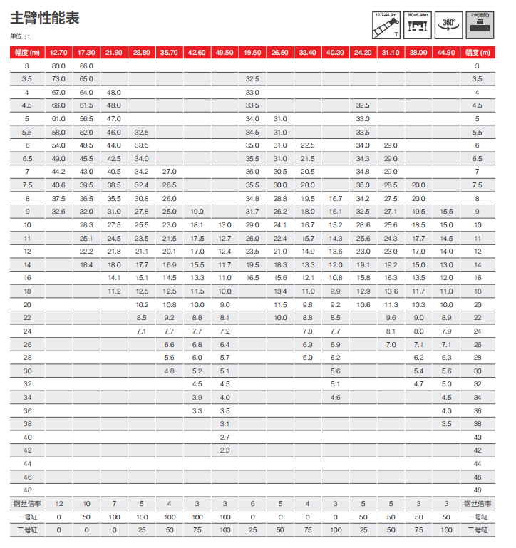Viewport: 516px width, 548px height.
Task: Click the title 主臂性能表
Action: coord(44,18)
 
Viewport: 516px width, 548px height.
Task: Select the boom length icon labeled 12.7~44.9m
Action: coord(386,25)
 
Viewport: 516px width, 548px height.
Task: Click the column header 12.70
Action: coord(58,52)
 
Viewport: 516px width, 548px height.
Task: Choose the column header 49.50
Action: coord(225,52)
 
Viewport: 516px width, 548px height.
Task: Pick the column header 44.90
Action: coord(446,52)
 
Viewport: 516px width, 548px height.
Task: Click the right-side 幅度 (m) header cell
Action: coord(478,52)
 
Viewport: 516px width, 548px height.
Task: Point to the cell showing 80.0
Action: coord(58,66)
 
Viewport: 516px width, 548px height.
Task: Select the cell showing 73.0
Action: coord(58,78)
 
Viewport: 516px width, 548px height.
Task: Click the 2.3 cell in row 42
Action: coord(225,450)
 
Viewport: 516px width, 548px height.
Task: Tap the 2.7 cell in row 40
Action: coord(225,437)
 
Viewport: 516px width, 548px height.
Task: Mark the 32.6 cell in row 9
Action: coord(58,212)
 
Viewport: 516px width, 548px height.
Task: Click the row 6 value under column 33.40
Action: coord(307,145)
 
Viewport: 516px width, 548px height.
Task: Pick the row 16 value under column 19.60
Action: coord(252,278)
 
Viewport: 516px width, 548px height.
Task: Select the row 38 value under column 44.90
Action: coord(446,424)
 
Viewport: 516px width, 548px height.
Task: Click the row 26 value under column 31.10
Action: coord(391,344)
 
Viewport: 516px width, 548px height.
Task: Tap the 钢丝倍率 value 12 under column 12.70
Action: coord(58,504)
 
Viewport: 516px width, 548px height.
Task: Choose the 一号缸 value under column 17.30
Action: coord(86,517)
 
